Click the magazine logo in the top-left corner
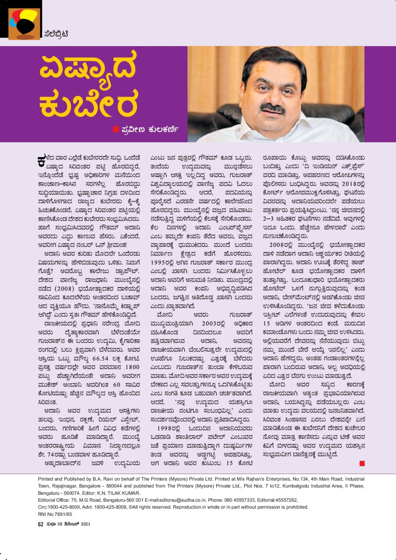coord(24,24)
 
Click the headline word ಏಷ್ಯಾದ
coord(88,68)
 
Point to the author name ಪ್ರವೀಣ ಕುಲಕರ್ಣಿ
coord(149,129)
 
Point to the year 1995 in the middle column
coord(161,263)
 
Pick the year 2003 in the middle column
coord(212,324)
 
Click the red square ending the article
coord(362,463)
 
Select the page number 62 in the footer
coord(41,524)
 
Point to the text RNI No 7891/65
coord(55,514)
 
